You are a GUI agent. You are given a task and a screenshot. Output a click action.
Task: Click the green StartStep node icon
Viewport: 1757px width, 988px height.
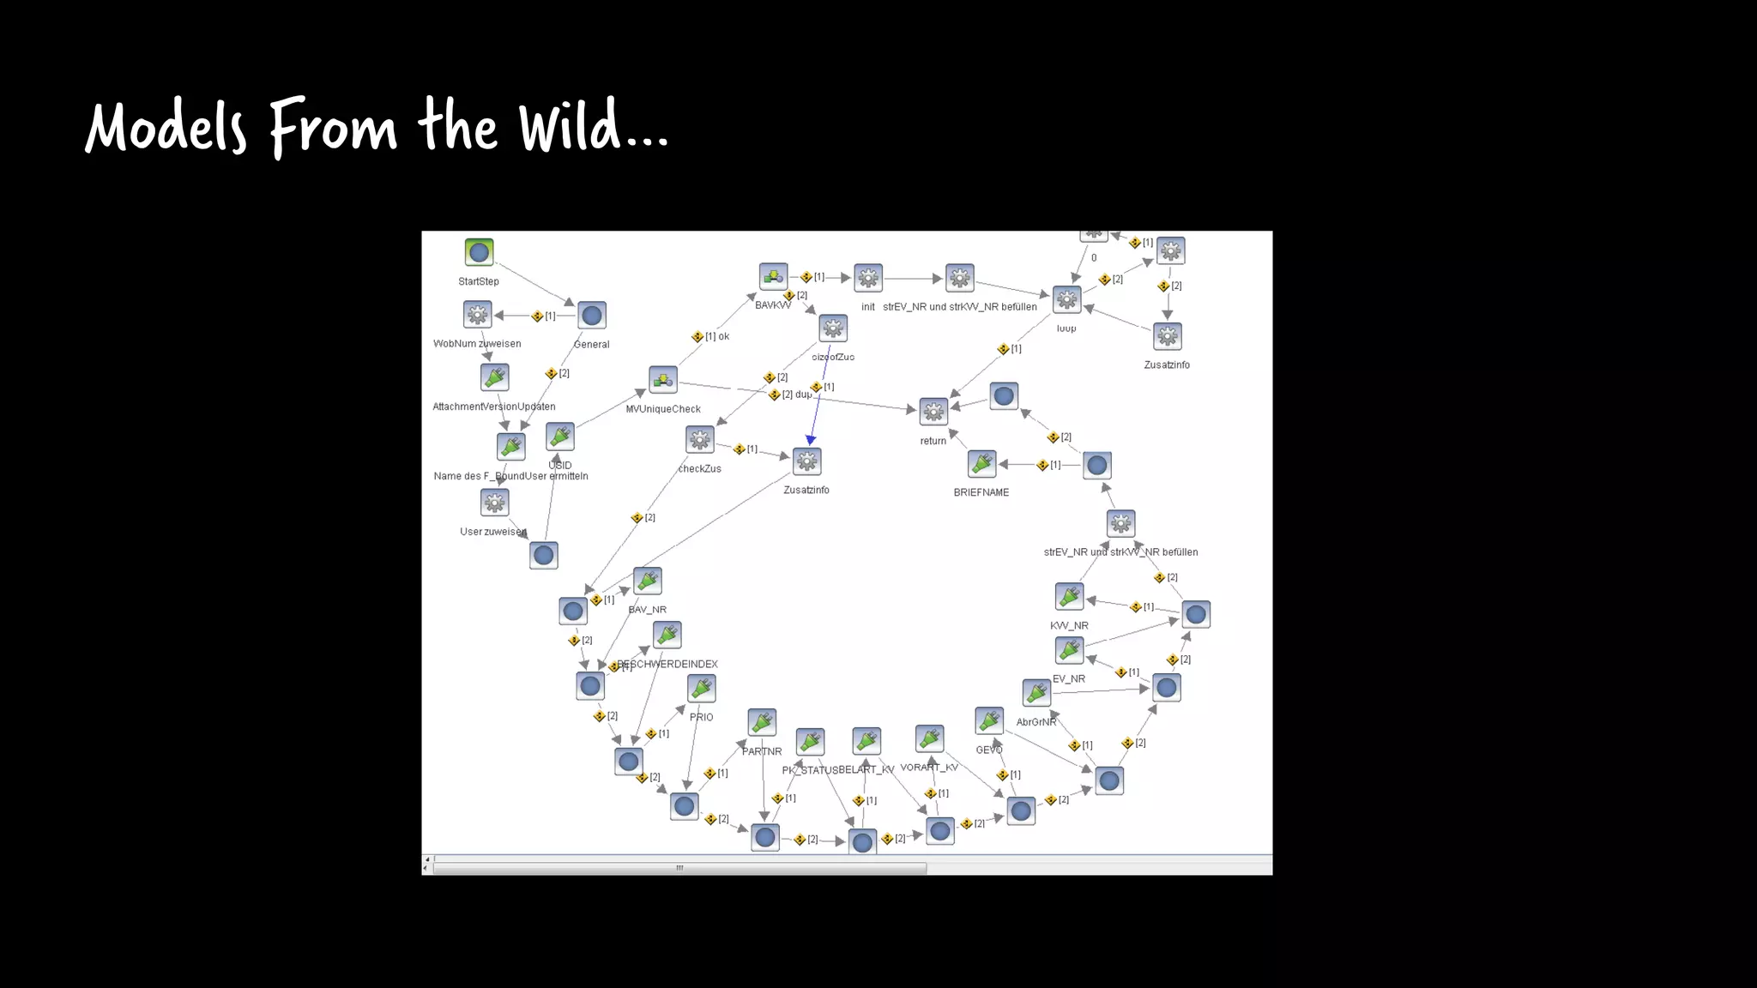point(479,252)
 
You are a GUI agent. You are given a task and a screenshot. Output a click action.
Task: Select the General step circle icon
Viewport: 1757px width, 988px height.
point(591,315)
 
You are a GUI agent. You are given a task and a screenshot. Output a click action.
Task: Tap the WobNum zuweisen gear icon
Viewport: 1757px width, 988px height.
point(477,314)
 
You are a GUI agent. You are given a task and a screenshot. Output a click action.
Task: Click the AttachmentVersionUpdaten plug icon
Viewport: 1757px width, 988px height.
point(494,377)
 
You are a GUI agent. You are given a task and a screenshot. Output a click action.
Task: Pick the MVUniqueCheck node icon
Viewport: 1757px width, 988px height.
point(662,380)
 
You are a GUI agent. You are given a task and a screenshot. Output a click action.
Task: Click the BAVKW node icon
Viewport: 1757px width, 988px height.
point(773,276)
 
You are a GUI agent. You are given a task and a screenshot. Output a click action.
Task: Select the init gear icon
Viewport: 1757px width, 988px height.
point(868,277)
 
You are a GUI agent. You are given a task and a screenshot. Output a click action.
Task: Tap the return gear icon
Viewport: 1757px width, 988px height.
point(933,412)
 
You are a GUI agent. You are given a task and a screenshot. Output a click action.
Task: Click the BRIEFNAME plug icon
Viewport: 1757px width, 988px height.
point(981,464)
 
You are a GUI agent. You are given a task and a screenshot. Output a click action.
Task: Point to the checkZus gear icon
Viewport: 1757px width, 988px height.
point(700,440)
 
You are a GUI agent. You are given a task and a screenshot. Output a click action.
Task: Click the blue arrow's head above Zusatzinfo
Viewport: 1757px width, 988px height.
point(811,440)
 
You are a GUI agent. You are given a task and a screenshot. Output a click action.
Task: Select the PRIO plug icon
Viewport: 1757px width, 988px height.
point(701,689)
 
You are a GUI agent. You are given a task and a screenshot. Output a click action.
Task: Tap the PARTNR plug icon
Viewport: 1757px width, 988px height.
point(762,722)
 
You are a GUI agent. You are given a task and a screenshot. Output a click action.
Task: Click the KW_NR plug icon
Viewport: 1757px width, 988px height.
point(1069,596)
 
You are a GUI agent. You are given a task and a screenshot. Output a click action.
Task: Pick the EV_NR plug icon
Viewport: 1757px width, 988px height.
point(1069,650)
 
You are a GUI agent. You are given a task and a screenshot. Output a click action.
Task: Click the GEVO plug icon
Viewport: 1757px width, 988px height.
point(989,721)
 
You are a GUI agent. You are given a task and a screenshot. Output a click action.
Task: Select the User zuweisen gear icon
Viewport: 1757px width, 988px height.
point(494,503)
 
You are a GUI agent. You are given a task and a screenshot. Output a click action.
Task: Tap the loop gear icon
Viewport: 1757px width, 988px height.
point(1066,299)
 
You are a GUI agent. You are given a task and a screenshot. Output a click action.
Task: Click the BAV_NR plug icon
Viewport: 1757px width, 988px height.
point(647,581)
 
